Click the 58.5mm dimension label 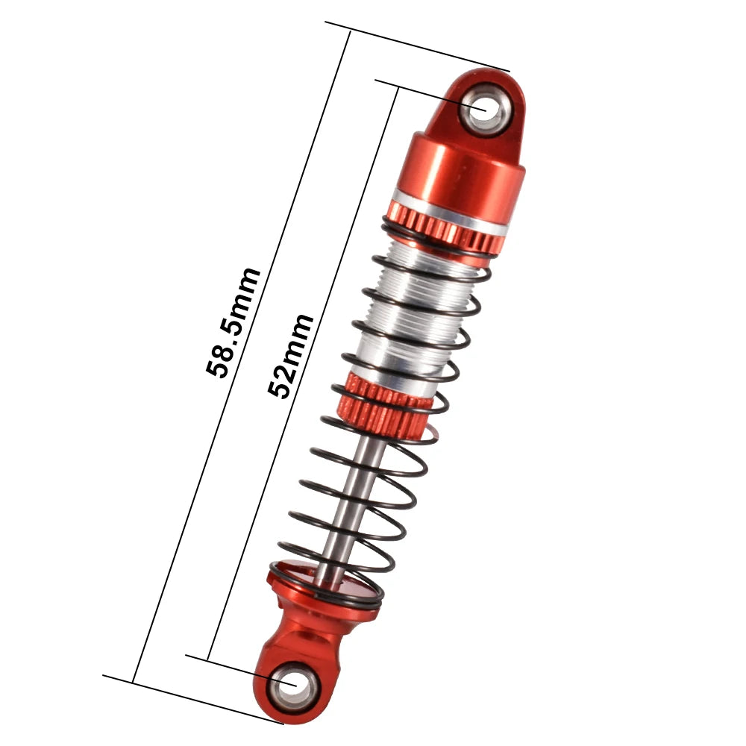[x=233, y=322]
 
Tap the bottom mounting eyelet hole [x=289, y=684]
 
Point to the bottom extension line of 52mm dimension [x=231, y=668]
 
